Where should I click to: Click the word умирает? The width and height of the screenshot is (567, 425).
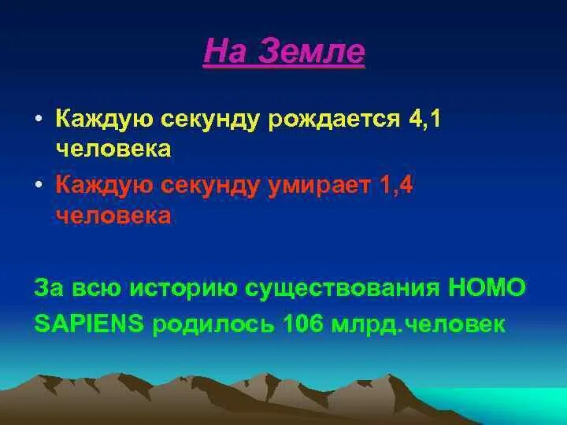click(x=320, y=187)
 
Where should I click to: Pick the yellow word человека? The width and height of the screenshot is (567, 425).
click(x=113, y=149)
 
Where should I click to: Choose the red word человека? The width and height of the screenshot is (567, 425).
click(x=113, y=216)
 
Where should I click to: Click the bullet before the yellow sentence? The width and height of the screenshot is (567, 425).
click(x=39, y=119)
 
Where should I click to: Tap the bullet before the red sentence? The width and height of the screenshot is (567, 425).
click(x=39, y=185)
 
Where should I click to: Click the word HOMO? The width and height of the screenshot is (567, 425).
click(x=487, y=287)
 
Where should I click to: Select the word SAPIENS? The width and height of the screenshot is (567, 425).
click(x=89, y=323)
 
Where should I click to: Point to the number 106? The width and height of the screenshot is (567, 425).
click(x=302, y=323)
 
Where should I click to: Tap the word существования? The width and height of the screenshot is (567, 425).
click(x=342, y=289)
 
